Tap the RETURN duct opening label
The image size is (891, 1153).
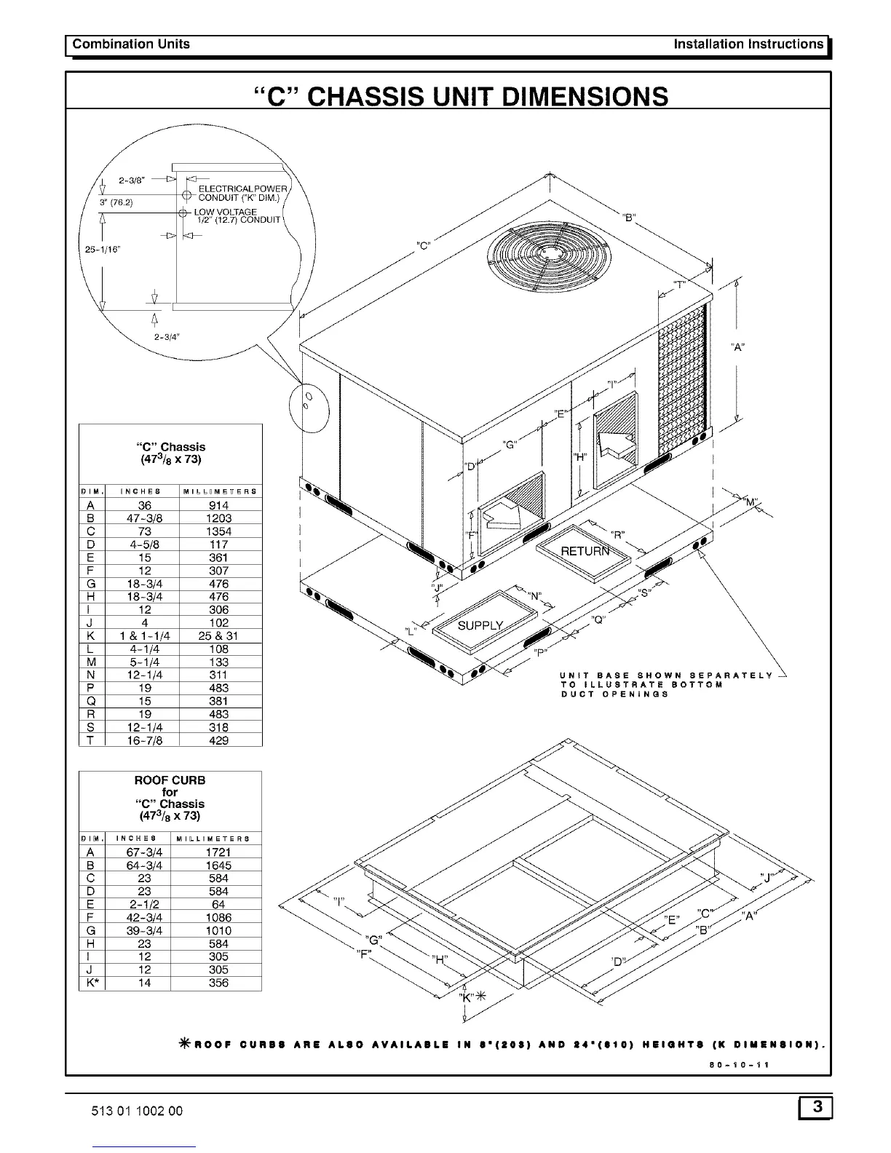[585, 551]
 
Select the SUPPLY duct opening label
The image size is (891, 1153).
[480, 625]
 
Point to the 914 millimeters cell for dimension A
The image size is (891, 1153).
[218, 505]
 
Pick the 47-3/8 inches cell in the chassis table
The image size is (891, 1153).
[144, 518]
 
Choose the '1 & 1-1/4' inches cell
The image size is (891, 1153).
[143, 635]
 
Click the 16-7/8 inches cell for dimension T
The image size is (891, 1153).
[144, 740]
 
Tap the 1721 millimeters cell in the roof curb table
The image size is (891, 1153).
[218, 852]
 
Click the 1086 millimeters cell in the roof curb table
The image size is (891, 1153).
[218, 918]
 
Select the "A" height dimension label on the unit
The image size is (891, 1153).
[737, 347]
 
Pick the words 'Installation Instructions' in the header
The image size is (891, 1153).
[748, 44]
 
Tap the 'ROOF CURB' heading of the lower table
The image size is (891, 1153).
[170, 780]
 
